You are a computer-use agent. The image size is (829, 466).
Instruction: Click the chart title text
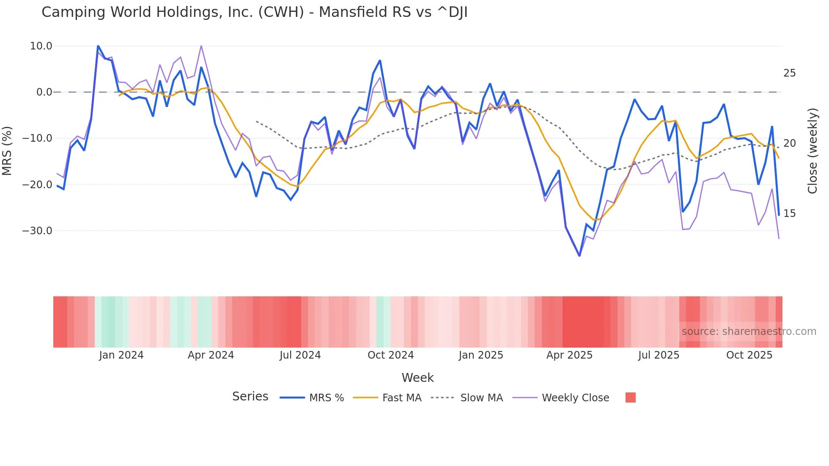254,12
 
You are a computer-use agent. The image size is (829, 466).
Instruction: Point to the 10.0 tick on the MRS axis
41,46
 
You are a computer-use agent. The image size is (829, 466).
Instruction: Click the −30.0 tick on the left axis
38,231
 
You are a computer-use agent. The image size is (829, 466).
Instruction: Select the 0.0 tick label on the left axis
44,92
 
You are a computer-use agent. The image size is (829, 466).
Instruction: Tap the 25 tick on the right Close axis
789,74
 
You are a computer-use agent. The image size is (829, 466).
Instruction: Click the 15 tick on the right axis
789,214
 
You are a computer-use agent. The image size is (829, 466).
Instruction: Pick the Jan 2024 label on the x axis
121,355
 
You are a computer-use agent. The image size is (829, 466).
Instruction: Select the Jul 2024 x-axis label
300,355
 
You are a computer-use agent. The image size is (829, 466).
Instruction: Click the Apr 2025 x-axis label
569,355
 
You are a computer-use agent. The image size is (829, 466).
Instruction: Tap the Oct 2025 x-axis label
749,355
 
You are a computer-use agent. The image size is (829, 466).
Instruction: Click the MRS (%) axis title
7,151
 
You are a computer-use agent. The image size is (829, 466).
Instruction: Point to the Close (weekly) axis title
813,151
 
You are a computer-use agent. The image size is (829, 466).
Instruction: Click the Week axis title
417,378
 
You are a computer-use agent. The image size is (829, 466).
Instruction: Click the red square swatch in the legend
630,397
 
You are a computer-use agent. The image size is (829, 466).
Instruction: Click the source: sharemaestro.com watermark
749,332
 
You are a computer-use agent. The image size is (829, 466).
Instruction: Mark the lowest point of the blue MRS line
579,256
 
